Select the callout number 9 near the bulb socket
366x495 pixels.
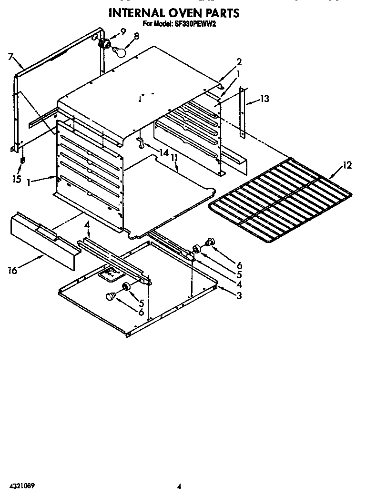pyautogui.click(x=123, y=31)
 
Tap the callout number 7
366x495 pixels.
pyautogui.click(x=10, y=57)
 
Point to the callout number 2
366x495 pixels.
pyautogui.click(x=239, y=61)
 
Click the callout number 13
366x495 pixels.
pyautogui.click(x=264, y=99)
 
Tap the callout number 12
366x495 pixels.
pyautogui.click(x=347, y=165)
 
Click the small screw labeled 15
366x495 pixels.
pyautogui.click(x=21, y=162)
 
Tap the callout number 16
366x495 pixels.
pyautogui.click(x=12, y=271)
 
